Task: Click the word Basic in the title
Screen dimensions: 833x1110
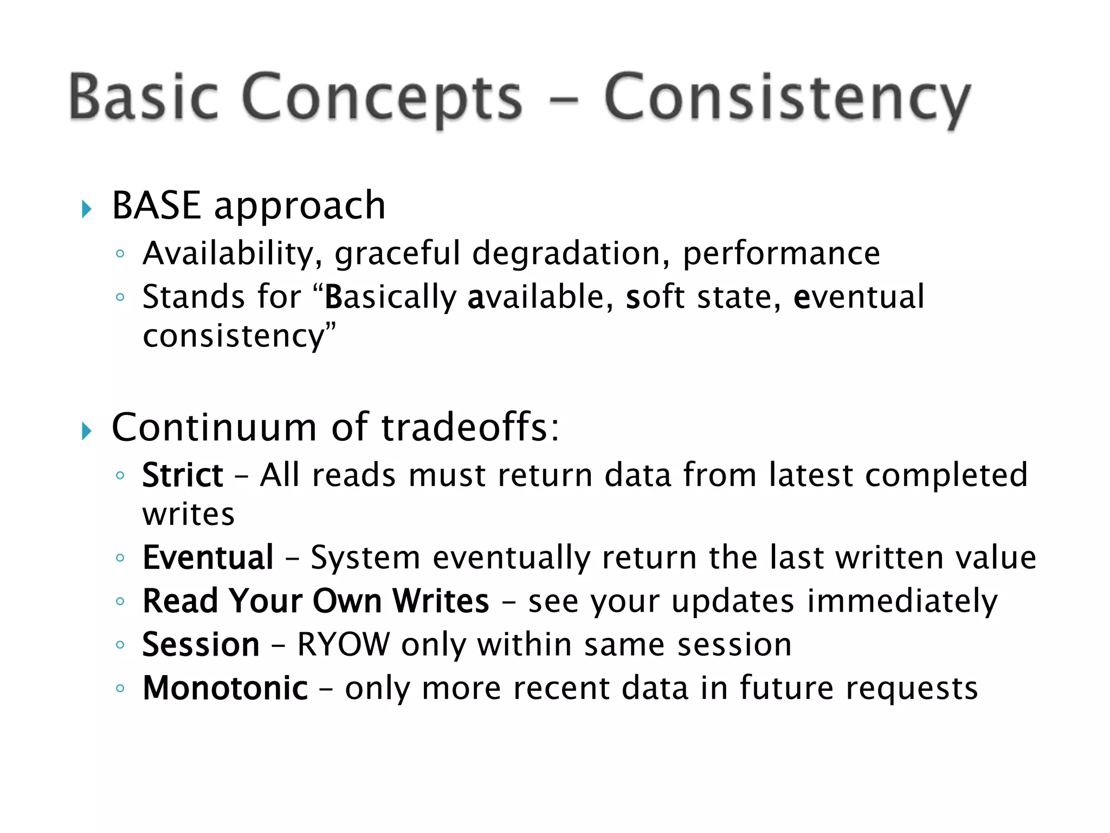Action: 144,98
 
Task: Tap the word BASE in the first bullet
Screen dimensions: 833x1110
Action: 156,206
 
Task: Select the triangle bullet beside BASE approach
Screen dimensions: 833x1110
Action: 86,209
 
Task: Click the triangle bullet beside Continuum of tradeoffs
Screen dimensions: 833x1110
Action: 86,432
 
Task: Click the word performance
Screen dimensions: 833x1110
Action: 781,254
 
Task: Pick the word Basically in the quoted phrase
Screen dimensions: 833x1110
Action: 390,297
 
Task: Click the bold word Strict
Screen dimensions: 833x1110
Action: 183,476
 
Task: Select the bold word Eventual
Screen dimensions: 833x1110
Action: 208,558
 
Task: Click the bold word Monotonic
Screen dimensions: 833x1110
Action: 225,688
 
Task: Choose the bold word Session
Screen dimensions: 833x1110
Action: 201,645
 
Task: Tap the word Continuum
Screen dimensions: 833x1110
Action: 214,427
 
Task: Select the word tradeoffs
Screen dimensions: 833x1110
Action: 465,427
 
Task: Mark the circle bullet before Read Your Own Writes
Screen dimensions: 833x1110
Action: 120,601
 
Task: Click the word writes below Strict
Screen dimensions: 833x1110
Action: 189,514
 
